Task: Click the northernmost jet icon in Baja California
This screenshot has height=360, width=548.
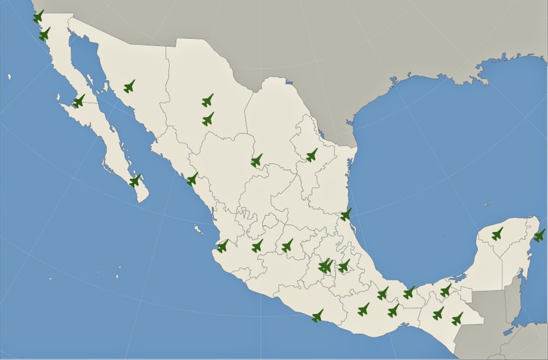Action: [x=38, y=16]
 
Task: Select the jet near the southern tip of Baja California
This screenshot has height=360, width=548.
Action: [x=135, y=180]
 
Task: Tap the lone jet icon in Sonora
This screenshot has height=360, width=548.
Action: [x=129, y=86]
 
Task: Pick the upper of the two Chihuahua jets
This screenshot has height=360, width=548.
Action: [x=207, y=100]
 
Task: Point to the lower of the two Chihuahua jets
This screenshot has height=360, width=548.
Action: [x=208, y=119]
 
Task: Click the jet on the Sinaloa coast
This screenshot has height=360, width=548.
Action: [x=192, y=179]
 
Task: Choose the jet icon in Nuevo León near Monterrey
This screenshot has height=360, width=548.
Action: [x=311, y=155]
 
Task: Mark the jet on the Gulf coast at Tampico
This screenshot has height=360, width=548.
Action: [x=346, y=214]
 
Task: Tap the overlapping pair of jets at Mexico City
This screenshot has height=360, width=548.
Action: [x=325, y=266]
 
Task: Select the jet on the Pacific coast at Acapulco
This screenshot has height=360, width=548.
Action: [x=317, y=315]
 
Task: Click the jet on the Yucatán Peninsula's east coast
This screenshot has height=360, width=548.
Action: [x=539, y=235]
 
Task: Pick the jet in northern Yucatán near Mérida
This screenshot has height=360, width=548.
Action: [x=497, y=233]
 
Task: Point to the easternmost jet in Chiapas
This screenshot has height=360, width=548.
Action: [x=457, y=318]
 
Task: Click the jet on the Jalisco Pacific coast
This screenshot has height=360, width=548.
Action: [x=222, y=245]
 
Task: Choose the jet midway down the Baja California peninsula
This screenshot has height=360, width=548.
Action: [x=79, y=101]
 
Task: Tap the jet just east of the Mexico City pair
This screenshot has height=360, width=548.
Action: [x=344, y=265]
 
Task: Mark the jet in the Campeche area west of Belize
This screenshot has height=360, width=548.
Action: [x=445, y=290]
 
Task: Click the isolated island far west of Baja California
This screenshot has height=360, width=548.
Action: [x=9, y=76]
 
